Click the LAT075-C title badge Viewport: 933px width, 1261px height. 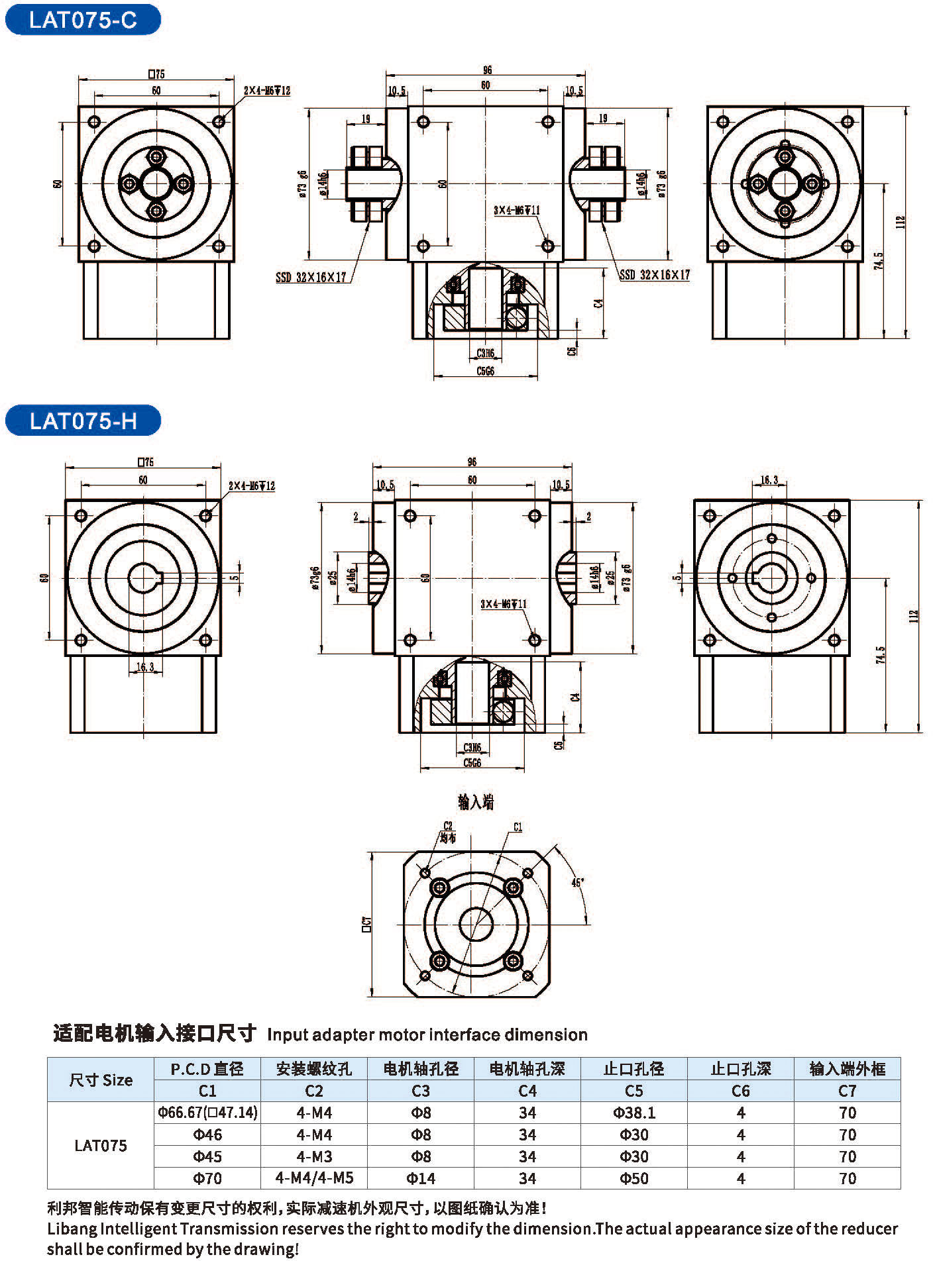(x=83, y=20)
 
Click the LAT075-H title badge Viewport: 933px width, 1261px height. (x=83, y=421)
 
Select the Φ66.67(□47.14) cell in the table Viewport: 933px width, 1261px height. (x=207, y=1113)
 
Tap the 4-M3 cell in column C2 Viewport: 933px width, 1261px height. (x=314, y=1156)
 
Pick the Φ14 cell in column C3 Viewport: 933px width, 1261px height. (x=421, y=1178)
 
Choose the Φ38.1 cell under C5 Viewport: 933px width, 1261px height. (x=634, y=1113)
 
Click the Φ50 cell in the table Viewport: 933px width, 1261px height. (x=634, y=1178)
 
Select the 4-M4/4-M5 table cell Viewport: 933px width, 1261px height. (x=314, y=1178)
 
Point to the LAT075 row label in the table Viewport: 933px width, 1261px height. (x=100, y=1146)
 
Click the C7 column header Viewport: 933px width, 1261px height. (x=848, y=1091)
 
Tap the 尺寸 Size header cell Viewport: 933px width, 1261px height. (x=100, y=1080)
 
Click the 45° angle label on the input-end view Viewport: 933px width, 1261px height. (x=578, y=882)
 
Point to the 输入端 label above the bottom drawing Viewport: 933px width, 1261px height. (x=476, y=803)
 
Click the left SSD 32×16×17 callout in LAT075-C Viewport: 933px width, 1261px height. (x=311, y=277)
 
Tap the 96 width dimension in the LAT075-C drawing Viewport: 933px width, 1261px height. (x=487, y=70)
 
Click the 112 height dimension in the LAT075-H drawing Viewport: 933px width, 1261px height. (x=914, y=616)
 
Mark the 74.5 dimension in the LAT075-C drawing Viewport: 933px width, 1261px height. (x=879, y=261)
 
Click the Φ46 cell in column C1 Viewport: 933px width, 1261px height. (x=207, y=1135)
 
